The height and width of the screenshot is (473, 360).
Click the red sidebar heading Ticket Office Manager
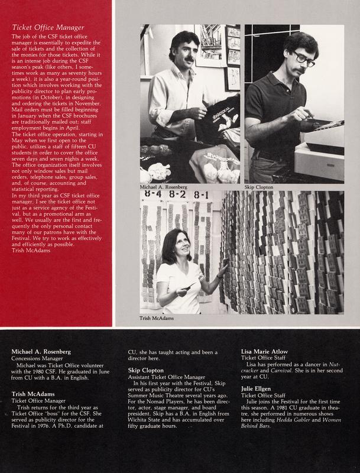coord(48,27)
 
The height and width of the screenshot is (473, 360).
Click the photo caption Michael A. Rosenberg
coord(163,187)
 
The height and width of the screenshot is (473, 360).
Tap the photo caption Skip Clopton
coord(259,187)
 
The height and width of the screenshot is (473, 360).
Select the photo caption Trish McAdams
coord(157,318)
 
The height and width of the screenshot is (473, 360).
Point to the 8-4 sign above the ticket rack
coord(153,194)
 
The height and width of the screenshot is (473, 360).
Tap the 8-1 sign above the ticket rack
coord(201,195)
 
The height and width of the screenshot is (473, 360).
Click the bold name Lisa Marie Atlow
coord(264,351)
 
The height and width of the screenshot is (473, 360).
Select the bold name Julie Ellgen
coord(256,389)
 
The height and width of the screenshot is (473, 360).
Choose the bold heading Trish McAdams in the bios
coord(33,394)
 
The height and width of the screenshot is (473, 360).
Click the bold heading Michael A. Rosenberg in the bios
coord(41,351)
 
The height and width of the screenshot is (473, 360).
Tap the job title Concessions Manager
coord(37,358)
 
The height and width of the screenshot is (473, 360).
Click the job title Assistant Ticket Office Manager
coord(167,377)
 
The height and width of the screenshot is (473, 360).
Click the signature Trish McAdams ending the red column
coord(31,250)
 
